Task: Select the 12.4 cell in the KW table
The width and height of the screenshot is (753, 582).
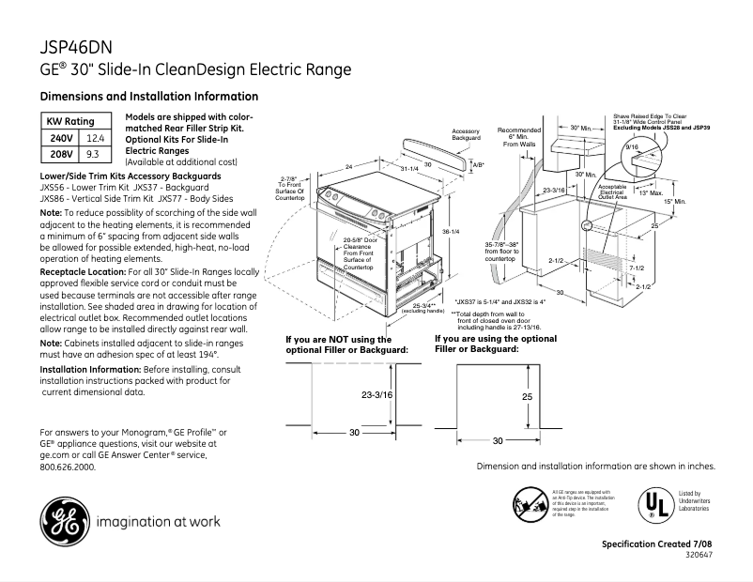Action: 92,138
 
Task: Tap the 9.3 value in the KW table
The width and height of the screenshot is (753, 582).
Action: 92,153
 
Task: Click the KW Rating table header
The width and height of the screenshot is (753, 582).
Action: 70,122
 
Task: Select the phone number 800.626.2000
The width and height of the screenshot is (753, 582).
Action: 68,467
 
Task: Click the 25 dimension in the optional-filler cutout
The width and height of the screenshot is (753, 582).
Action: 527,397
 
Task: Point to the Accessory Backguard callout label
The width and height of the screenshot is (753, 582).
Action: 466,134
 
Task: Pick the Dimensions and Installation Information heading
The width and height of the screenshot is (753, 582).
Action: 148,97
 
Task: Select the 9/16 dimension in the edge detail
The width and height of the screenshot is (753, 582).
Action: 631,147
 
